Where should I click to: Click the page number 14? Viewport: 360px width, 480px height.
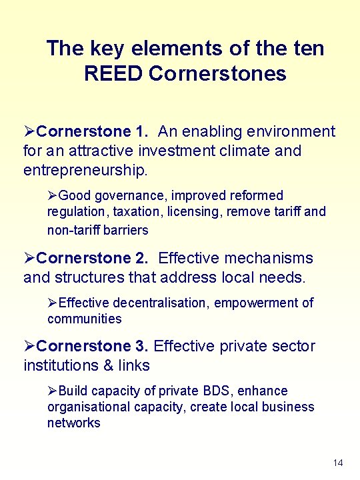click(x=338, y=463)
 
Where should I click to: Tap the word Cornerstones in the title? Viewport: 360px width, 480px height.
click(x=218, y=73)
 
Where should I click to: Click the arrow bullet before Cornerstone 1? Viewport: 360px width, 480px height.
click(x=29, y=132)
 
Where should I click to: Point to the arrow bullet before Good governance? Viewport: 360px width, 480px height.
click(x=53, y=196)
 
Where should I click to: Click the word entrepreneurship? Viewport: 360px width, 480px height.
click(x=84, y=170)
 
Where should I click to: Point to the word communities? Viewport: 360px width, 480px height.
click(x=85, y=319)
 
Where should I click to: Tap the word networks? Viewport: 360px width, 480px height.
click(x=74, y=423)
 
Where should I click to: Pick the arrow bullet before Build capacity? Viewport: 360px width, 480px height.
click(x=53, y=391)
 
